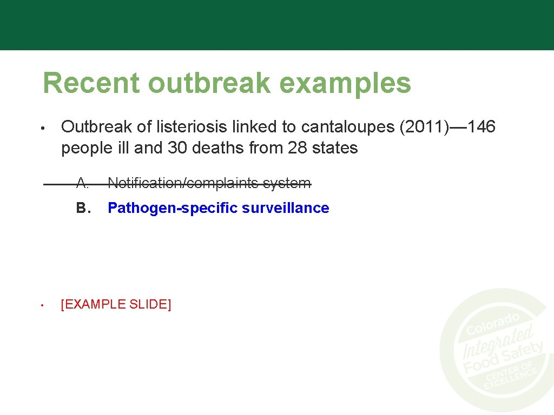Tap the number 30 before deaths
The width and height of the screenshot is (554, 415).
click(177, 148)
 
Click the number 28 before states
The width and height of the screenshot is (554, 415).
click(298, 148)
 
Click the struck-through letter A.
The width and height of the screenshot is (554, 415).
click(82, 183)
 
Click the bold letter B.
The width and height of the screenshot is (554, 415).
click(82, 208)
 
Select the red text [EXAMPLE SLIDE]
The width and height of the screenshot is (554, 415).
click(116, 304)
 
